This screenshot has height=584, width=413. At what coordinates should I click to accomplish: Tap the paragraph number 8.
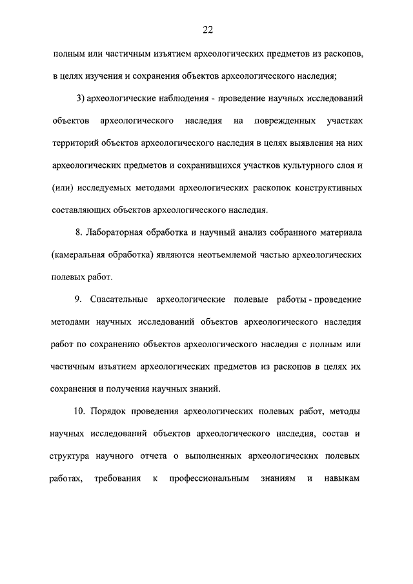click(79, 232)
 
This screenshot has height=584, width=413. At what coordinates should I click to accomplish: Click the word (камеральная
click(80, 255)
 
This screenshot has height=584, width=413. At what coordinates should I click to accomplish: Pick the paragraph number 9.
click(78, 299)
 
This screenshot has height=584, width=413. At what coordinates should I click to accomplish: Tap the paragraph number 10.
click(79, 411)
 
